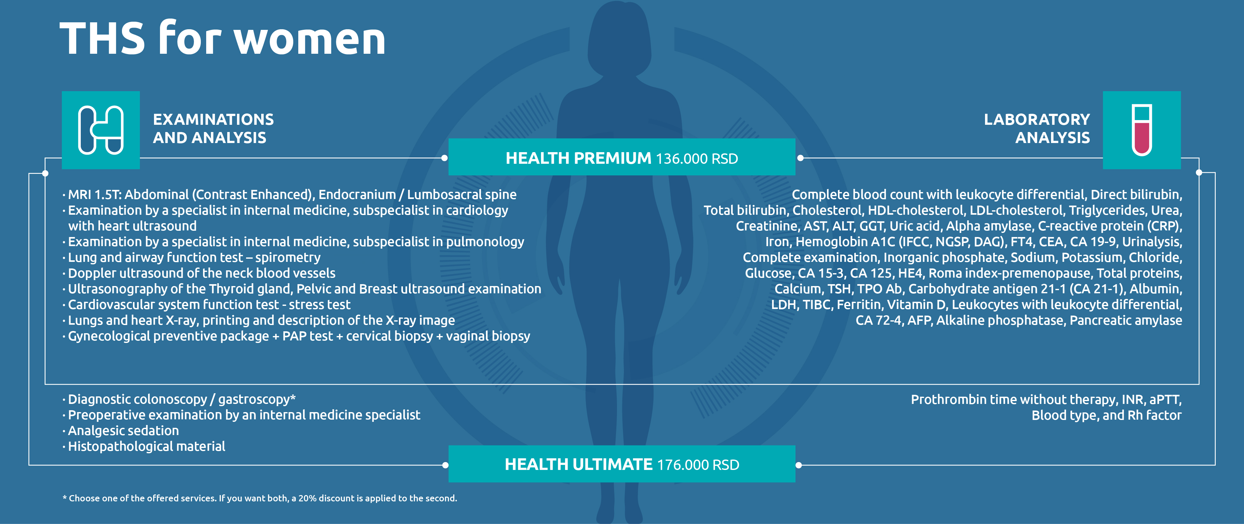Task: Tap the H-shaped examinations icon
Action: pyautogui.click(x=101, y=130)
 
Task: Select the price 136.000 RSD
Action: pyautogui.click(x=697, y=158)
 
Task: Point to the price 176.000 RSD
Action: pyautogui.click(x=698, y=465)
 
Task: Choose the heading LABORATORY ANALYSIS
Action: pyautogui.click(x=1037, y=129)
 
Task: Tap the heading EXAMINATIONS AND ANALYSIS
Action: pyautogui.click(x=213, y=129)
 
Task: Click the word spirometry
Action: pyautogui.click(x=288, y=257)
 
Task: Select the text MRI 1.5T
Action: pyautogui.click(x=95, y=195)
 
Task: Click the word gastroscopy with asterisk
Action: pyautogui.click(x=257, y=400)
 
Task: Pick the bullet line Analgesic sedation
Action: pyautogui.click(x=123, y=431)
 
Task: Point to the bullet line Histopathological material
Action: pyautogui.click(x=146, y=446)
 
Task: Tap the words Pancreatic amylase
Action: pyautogui.click(x=1126, y=321)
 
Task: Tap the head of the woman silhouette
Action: pyautogui.click(x=619, y=41)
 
